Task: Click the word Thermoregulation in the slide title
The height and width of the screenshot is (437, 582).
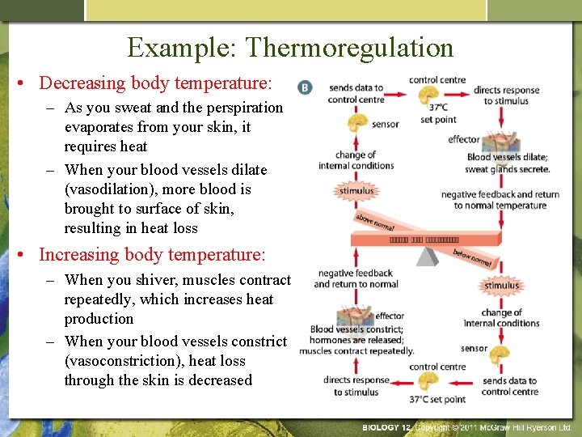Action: click(x=350, y=48)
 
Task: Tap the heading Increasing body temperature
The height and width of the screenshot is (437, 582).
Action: click(x=152, y=255)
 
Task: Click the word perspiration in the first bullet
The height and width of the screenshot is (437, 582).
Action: click(x=242, y=108)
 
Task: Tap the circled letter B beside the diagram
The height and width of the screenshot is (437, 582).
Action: click(x=305, y=87)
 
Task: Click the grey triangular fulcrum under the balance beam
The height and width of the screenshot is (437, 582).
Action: click(x=426, y=256)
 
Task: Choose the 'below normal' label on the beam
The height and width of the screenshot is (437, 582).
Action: click(x=474, y=257)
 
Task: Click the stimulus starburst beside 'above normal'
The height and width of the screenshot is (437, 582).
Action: click(x=356, y=192)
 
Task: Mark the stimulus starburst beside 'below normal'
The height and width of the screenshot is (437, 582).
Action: click(x=501, y=285)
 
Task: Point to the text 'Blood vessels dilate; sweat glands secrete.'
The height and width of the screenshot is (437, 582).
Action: click(x=507, y=163)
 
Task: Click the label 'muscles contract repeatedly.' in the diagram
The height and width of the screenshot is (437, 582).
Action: click(x=356, y=351)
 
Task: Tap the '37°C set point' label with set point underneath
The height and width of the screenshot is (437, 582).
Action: click(x=438, y=113)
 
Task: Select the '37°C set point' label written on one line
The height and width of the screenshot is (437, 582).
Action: click(x=437, y=399)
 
